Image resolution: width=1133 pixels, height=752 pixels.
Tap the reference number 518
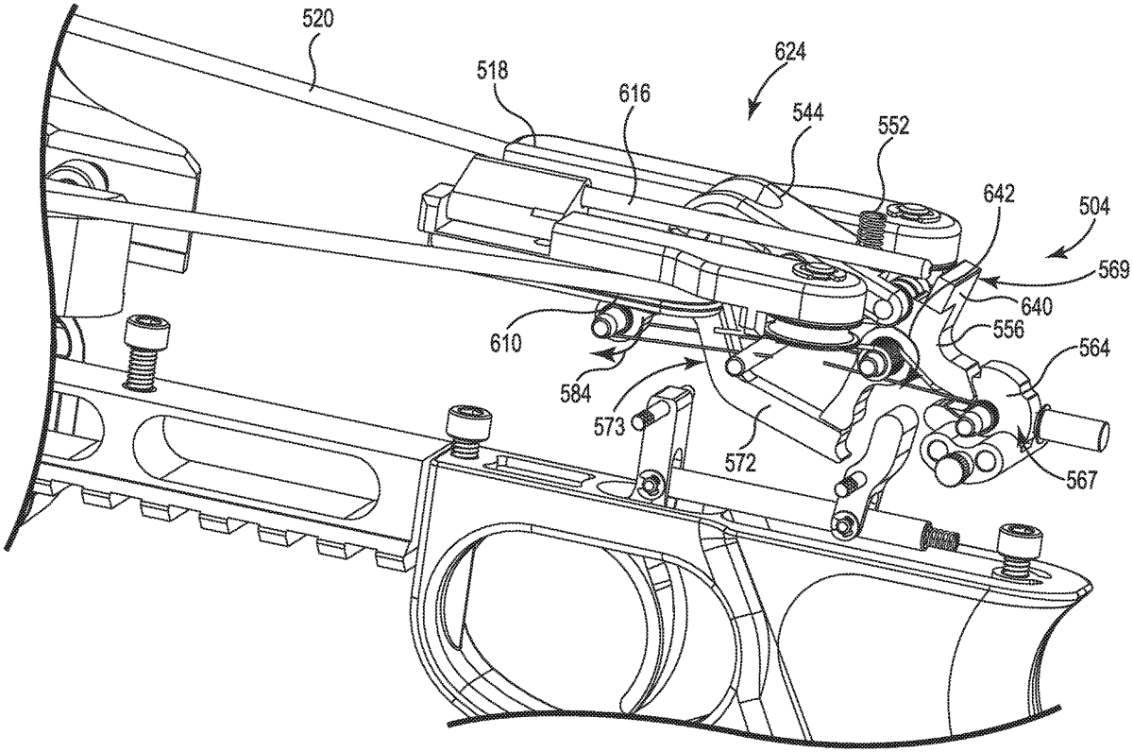[492, 71]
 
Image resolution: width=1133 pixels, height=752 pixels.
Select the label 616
[634, 94]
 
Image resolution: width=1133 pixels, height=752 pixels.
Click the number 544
[807, 112]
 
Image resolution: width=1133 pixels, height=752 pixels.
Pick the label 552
[893, 127]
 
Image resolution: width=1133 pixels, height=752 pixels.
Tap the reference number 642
[999, 195]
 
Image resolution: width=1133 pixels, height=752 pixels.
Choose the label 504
[1093, 208]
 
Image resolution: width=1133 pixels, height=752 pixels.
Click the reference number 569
[1114, 270]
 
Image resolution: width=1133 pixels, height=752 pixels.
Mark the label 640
[1037, 306]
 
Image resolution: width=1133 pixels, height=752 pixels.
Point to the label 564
[1093, 350]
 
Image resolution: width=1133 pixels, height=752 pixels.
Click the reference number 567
[1079, 480]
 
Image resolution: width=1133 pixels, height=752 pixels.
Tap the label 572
[739, 464]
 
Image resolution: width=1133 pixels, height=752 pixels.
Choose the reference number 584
[576, 394]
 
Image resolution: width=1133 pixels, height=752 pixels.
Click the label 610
[505, 343]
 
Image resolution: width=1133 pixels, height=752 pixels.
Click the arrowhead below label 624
[753, 112]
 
